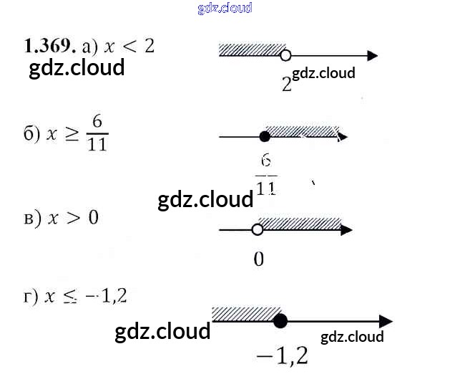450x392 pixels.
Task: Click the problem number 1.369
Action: point(49,47)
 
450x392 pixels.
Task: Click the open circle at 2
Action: point(285,55)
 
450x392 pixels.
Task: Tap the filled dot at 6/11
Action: point(265,136)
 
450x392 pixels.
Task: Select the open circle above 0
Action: point(258,230)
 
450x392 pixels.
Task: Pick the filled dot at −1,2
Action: point(280,321)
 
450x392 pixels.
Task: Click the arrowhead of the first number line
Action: point(371,55)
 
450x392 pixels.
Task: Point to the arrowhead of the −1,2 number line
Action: point(386,322)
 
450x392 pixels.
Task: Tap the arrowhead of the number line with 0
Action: point(346,230)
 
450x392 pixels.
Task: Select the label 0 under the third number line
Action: point(258,259)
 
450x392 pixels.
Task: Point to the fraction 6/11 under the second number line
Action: point(266,174)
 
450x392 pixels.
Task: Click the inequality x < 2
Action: point(129,47)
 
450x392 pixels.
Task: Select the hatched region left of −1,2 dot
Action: point(245,314)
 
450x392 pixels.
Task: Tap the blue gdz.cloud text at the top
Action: point(225,9)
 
